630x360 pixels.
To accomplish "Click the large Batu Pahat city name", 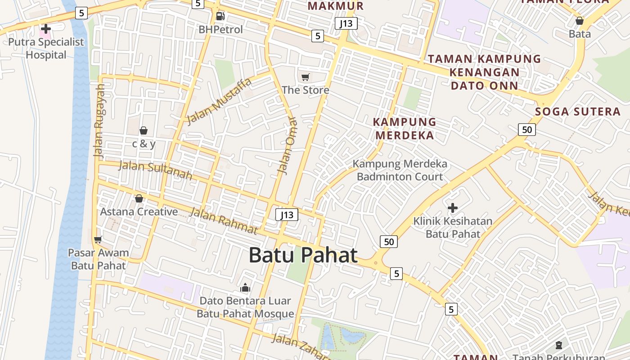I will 303,255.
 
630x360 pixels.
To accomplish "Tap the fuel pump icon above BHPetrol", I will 220,16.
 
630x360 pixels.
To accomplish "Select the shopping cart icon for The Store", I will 306,77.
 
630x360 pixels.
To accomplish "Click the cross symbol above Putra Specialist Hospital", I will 45,29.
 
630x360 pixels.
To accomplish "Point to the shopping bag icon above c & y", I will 144,130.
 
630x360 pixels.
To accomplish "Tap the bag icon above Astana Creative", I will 139,198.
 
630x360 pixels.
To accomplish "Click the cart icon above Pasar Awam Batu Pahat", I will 98,239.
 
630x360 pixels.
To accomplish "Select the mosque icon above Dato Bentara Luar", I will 245,287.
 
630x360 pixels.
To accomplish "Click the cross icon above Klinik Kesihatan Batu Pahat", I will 453,208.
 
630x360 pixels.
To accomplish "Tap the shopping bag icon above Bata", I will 580,21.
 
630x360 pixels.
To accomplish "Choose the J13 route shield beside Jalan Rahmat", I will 287,215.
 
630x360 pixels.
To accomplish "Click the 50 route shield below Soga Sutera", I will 526,130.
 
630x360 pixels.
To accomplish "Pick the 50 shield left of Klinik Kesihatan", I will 389,242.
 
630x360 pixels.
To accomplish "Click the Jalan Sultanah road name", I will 155,170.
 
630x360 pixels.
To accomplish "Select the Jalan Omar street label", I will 288,146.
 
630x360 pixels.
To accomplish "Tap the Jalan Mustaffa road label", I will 219,102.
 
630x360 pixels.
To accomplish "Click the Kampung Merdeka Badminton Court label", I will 400,170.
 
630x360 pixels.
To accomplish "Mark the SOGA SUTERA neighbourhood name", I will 578,112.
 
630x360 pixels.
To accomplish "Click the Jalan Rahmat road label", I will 223,220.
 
